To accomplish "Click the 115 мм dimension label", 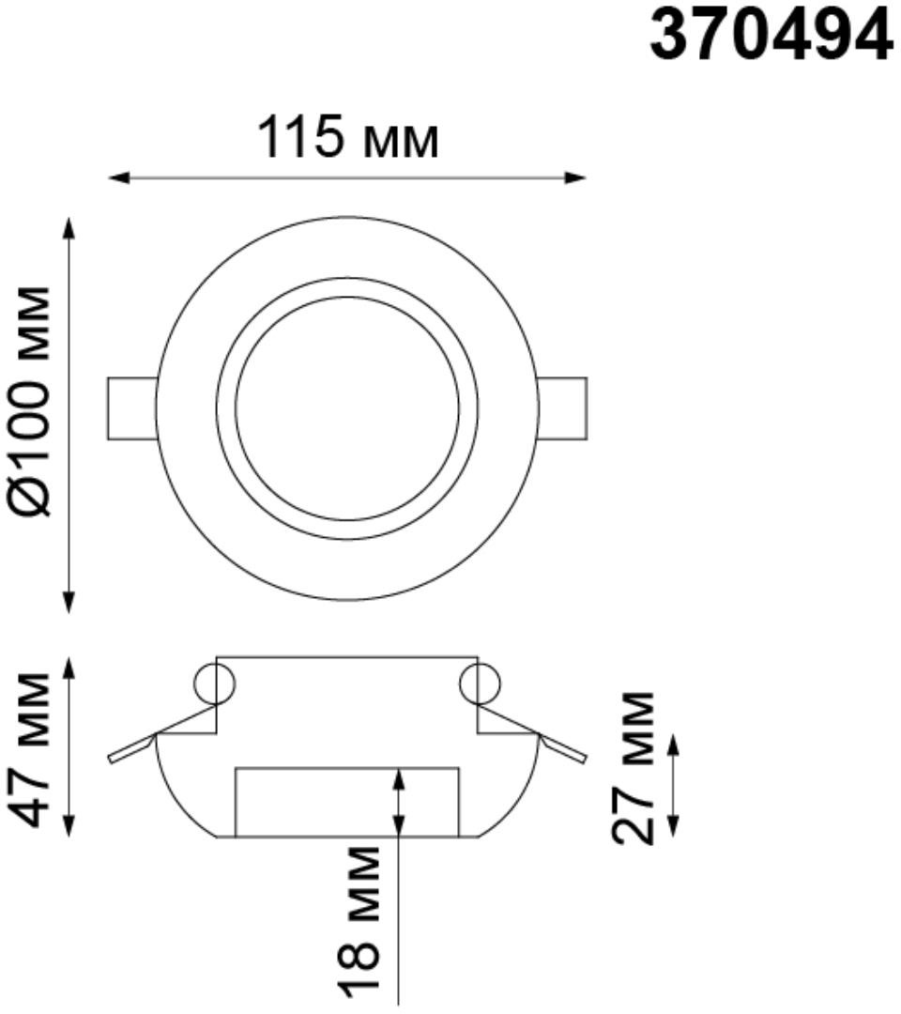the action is (348, 137).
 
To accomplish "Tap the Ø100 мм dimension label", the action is (32, 401).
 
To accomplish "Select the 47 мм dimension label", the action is (32, 749).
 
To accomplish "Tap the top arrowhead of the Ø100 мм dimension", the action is (69, 229).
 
